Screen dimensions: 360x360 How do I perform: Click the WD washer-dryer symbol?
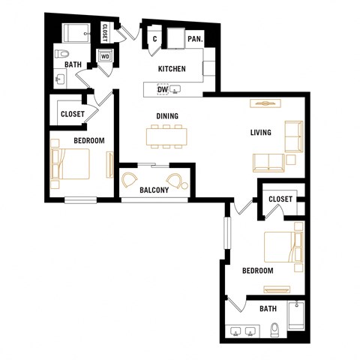(105, 55)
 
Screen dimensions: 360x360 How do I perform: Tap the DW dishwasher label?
(162, 91)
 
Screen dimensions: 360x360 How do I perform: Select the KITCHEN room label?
(171, 70)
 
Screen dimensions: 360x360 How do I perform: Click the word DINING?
(166, 116)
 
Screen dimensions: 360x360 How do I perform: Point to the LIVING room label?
(260, 133)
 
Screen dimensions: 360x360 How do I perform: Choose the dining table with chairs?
(166, 136)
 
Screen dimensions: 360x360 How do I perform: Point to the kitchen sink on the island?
(175, 91)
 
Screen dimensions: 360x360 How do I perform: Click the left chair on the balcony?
(130, 180)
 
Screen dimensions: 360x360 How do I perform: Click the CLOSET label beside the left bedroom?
(72, 115)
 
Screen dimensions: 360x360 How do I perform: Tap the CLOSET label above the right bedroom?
(280, 199)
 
